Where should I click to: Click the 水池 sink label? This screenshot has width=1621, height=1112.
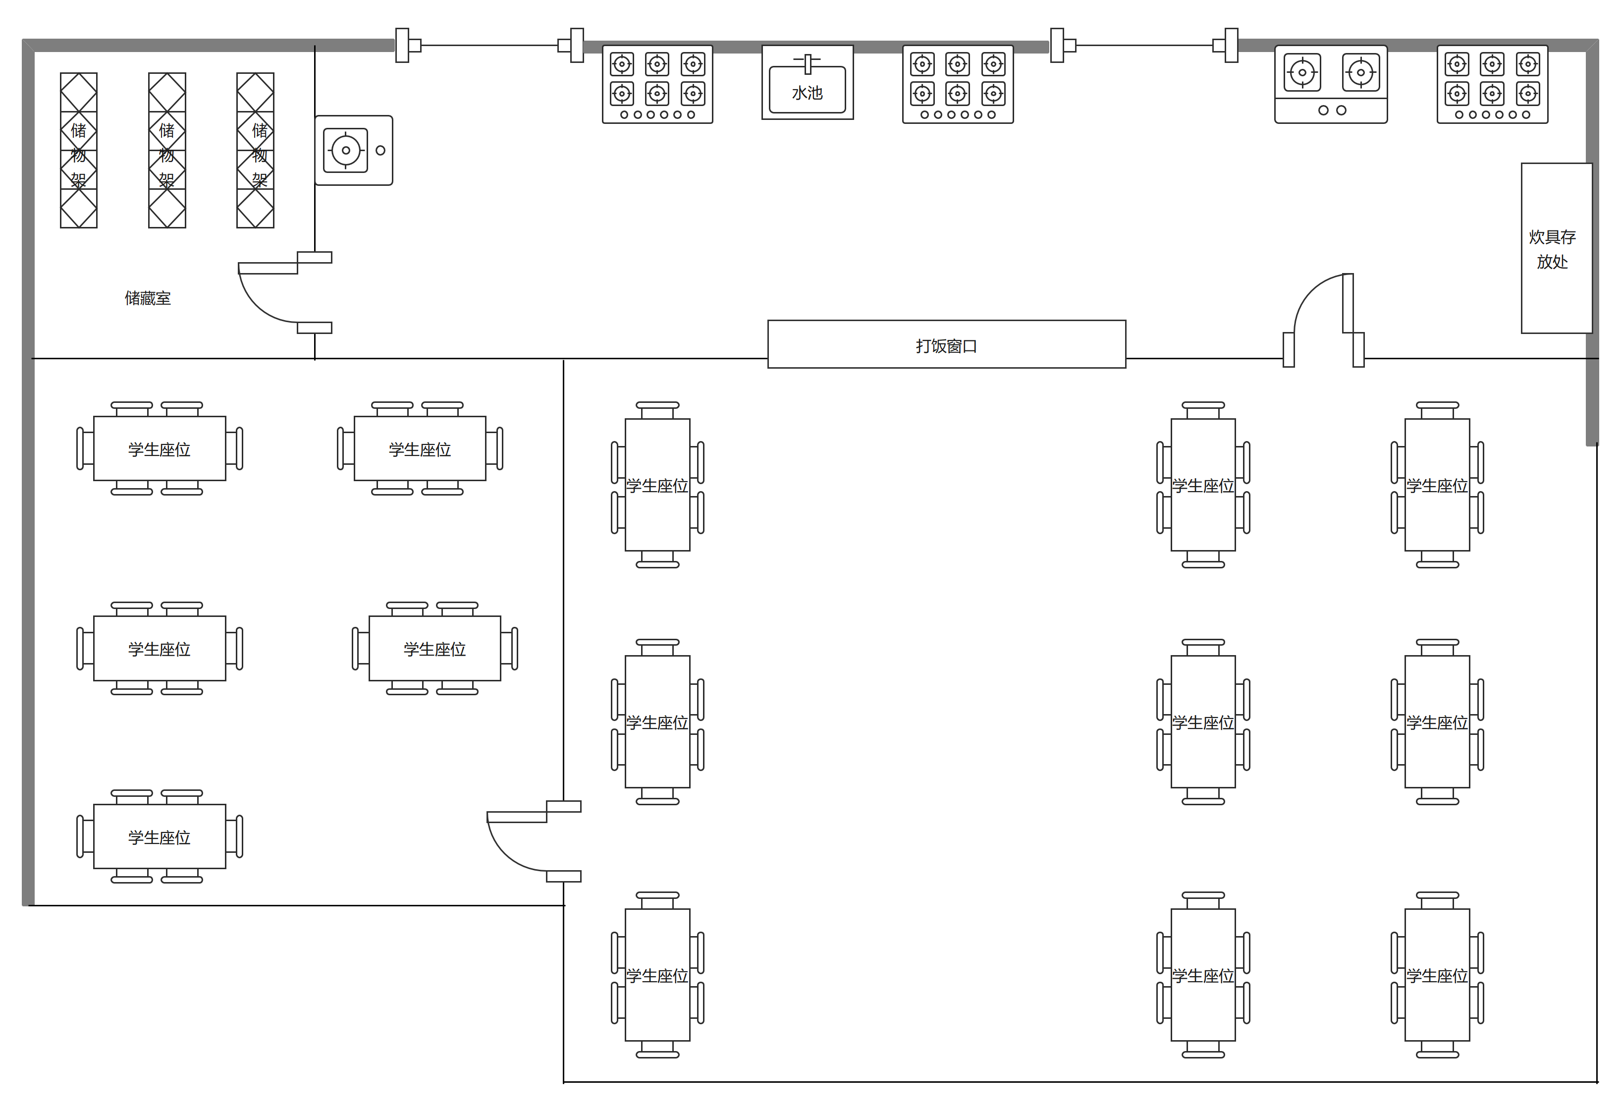807,93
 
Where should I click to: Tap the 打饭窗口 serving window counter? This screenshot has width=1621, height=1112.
947,344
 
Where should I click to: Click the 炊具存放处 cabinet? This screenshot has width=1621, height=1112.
1557,248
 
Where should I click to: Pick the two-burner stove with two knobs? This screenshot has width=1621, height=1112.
1331,84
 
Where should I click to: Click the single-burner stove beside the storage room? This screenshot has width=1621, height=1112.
354,150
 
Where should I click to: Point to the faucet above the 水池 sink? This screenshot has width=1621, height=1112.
808,63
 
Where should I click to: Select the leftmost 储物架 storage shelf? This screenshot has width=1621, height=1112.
79,150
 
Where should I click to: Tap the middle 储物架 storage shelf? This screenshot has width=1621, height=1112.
167,150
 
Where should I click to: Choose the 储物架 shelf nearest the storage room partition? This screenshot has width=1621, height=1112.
255,150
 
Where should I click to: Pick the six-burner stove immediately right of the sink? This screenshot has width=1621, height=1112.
958,84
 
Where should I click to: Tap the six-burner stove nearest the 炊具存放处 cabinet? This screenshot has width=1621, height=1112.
1493,84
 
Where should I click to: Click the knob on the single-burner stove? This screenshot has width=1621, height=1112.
380,150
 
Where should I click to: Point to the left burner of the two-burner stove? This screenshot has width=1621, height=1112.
1302,72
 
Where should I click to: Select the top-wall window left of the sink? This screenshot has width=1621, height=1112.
489,46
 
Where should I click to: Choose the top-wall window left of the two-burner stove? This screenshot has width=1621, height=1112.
1144,46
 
